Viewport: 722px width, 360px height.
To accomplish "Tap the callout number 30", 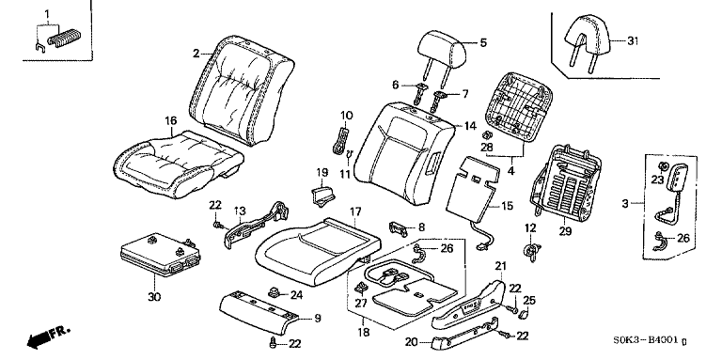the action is (155, 297).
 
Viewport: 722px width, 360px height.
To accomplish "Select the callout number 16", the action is (171, 120).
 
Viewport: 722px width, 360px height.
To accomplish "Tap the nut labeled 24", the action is (275, 292).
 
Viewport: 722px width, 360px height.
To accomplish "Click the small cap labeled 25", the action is (523, 315).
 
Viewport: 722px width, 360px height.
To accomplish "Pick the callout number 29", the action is (565, 231).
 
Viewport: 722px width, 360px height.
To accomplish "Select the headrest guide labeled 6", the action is (422, 93).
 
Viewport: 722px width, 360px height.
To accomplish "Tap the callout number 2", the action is (196, 54).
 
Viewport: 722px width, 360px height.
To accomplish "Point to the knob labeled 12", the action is (531, 251).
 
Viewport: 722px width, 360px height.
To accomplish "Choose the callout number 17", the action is (355, 212).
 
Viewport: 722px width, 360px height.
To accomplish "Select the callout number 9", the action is (317, 318).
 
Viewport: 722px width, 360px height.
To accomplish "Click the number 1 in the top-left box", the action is (46, 13).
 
